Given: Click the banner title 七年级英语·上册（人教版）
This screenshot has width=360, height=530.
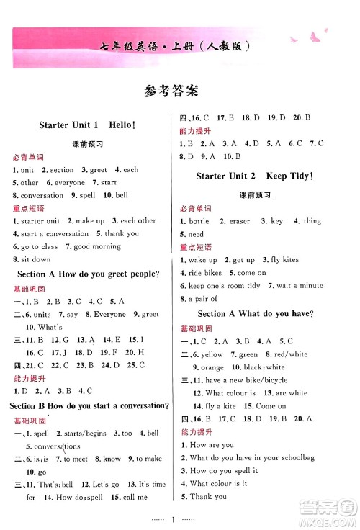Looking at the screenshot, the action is tap(181, 48).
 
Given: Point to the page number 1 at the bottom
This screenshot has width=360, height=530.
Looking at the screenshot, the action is tap(180, 506).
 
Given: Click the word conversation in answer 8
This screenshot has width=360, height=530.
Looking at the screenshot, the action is tap(42, 195).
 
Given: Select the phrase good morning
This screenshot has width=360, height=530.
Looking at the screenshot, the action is tap(92, 246).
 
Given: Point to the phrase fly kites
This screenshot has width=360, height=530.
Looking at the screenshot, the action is tap(284, 260).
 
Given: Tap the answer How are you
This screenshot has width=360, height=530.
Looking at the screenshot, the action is tap(217, 445).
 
